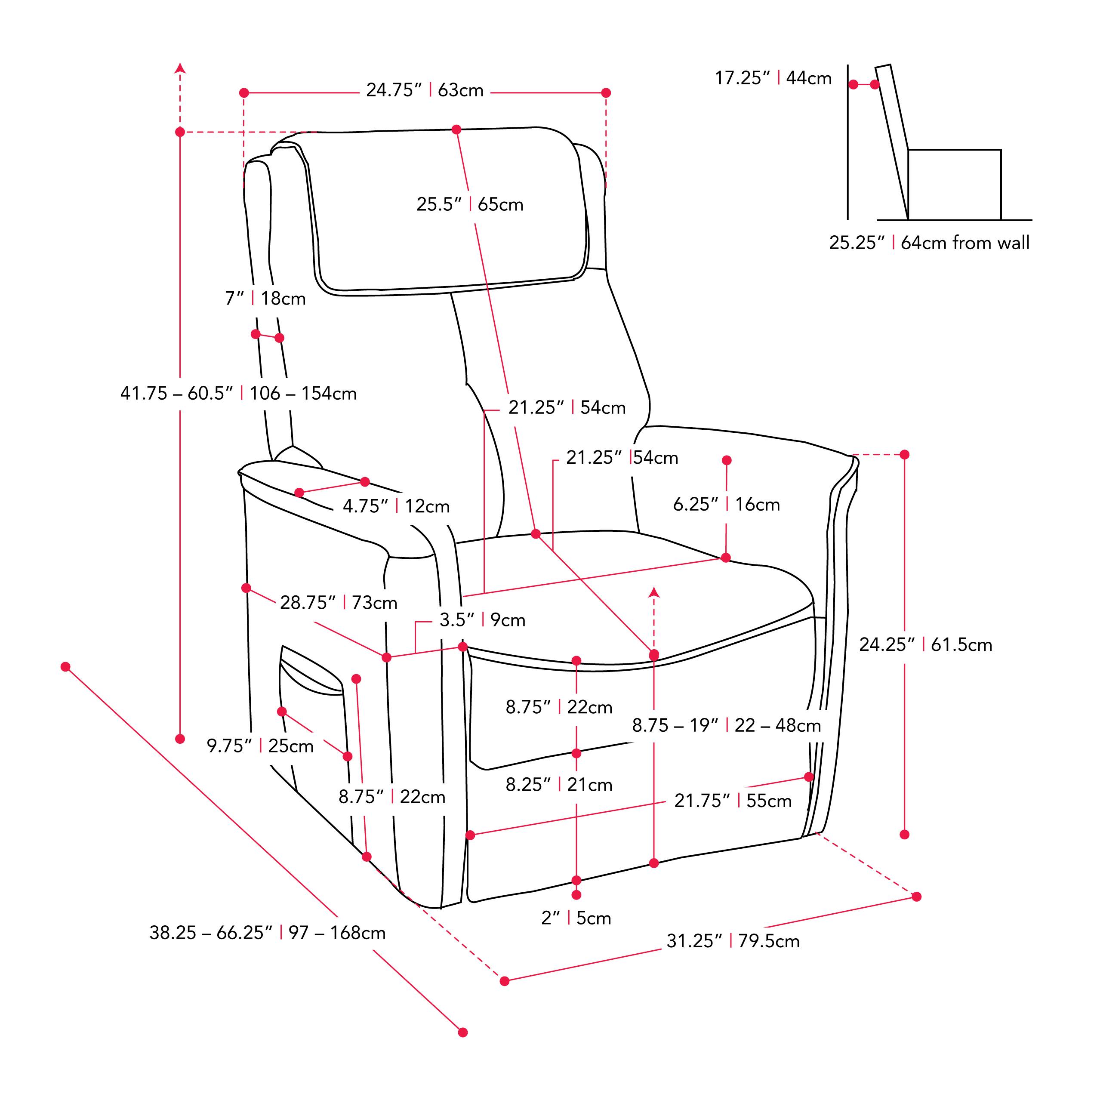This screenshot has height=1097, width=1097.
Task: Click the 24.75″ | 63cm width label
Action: (x=424, y=90)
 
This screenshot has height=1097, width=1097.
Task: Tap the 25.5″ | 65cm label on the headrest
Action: (x=470, y=204)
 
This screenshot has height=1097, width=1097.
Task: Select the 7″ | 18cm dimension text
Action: (x=265, y=298)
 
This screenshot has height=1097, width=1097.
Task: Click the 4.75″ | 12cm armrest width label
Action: (x=396, y=506)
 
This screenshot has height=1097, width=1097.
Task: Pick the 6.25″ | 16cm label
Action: (x=726, y=504)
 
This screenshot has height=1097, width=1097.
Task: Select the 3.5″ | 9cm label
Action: (x=482, y=620)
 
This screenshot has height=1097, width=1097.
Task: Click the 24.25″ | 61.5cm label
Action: (x=925, y=644)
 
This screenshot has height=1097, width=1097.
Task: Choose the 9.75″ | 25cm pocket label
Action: (x=260, y=746)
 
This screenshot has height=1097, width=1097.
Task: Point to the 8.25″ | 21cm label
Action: (x=559, y=785)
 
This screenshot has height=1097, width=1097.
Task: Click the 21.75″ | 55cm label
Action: (x=733, y=801)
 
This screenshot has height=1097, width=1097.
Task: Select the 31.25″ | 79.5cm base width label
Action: (x=733, y=941)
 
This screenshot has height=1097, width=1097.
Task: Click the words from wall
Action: (x=990, y=243)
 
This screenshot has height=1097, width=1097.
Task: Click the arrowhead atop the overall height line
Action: (x=180, y=68)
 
